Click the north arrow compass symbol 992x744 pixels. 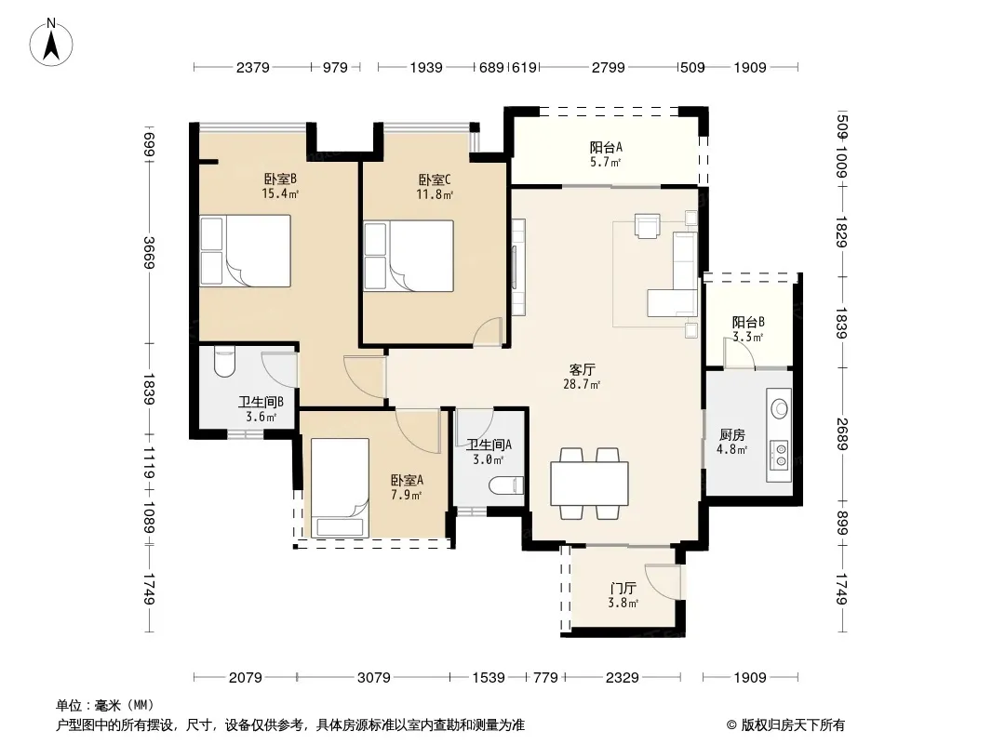[x=51, y=43]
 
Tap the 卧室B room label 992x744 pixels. [x=280, y=179]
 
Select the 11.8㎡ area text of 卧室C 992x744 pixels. [x=434, y=194]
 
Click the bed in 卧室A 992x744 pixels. [x=340, y=487]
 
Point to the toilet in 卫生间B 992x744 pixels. [x=224, y=362]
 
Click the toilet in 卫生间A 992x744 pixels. [x=507, y=485]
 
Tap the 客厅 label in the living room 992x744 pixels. [x=582, y=369]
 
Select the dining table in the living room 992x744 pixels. [x=589, y=484]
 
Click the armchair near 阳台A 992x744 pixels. [x=647, y=226]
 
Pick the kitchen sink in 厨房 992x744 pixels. [x=780, y=408]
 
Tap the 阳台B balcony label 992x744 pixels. [x=748, y=323]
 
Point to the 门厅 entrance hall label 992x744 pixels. [x=623, y=589]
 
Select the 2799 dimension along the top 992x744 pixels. [x=608, y=68]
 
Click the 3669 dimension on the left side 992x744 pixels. [x=149, y=252]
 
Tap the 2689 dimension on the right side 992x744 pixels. [x=841, y=434]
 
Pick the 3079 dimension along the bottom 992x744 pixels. [x=374, y=678]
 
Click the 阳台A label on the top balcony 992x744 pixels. [x=606, y=147]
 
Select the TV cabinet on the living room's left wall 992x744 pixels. [x=518, y=268]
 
